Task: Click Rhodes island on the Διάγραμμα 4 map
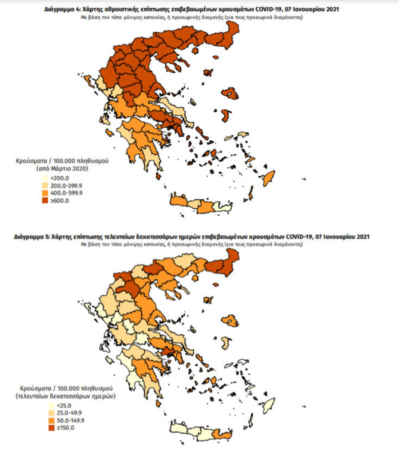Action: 268,178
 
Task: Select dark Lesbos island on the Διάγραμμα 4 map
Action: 232,94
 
